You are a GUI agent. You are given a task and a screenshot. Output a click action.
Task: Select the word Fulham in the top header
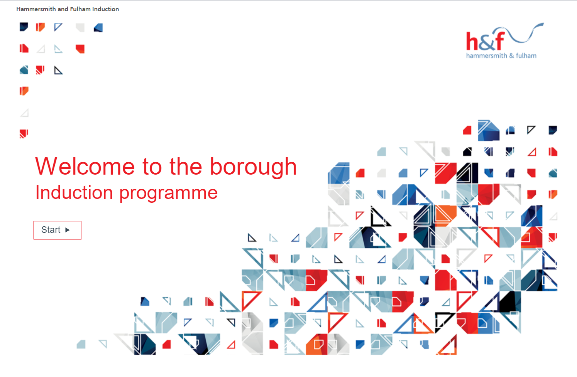tap(80, 9)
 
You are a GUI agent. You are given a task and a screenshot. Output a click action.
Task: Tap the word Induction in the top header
tap(105, 9)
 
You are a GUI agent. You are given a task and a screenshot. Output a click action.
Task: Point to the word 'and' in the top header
tap(63, 9)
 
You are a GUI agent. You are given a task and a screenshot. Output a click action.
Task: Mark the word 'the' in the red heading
tap(186, 167)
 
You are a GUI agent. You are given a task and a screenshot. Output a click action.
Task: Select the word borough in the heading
tap(253, 167)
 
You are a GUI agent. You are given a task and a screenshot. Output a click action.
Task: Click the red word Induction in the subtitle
tap(74, 192)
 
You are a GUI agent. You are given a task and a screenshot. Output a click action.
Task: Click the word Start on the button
tap(51, 230)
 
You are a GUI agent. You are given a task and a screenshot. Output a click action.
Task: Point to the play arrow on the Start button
tap(68, 230)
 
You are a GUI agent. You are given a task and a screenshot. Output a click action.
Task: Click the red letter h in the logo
tap(472, 42)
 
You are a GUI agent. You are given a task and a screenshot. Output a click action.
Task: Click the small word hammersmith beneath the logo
tap(486, 56)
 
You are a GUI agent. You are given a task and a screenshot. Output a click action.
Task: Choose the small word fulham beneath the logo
tap(526, 56)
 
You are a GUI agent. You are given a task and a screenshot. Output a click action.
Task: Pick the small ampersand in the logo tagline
tap(511, 56)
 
